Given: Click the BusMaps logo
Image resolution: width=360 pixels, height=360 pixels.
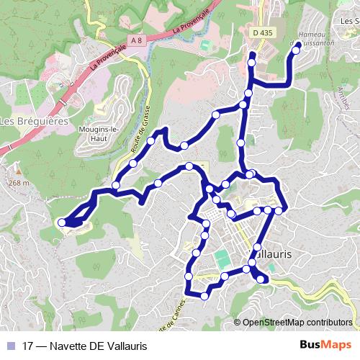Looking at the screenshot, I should pyautogui.click(x=325, y=346).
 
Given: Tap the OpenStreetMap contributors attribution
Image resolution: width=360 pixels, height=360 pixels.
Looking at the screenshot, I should pyautogui.click(x=297, y=322).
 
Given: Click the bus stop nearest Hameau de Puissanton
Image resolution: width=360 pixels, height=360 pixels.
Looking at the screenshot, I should pyautogui.click(x=296, y=50).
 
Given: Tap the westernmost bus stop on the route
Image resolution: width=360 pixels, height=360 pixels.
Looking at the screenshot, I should pyautogui.click(x=62, y=222).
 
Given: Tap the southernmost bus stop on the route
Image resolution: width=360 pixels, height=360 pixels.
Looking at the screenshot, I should pyautogui.click(x=205, y=296).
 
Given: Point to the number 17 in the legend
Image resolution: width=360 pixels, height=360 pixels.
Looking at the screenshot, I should pyautogui.click(x=28, y=346).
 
